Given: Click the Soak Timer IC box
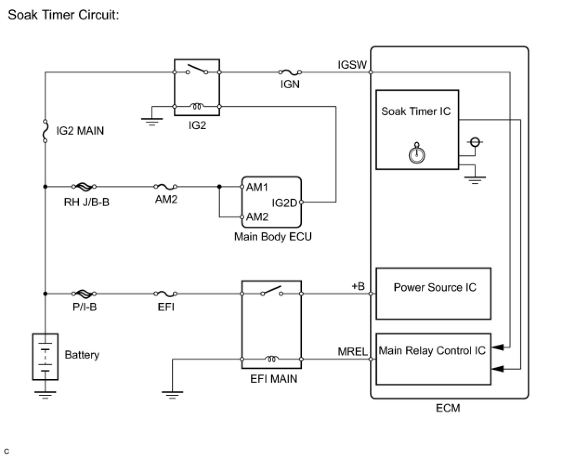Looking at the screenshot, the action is pos(417,130).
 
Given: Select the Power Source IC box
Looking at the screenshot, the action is pos(433,294).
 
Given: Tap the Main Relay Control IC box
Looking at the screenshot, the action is pos(433,359).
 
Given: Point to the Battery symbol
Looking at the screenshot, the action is pos(45,357).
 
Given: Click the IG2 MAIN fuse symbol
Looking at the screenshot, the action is pos(45,131).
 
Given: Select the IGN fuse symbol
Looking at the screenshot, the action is pos(290,72).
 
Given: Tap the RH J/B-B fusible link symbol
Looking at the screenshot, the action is pos(84,187).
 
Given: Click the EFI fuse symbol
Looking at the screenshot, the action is pos(165,294).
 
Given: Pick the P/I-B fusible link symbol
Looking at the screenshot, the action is pos(84,294).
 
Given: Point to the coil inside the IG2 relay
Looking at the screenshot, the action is pos(197,106).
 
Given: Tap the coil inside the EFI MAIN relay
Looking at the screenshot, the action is pos(272,359).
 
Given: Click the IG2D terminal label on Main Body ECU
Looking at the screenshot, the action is pos(284,203).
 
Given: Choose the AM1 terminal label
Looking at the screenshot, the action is pos(257,187).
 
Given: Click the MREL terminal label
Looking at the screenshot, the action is pos(353,352).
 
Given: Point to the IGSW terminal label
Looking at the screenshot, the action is pos(352,65).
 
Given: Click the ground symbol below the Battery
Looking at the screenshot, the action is pos(45,395).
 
